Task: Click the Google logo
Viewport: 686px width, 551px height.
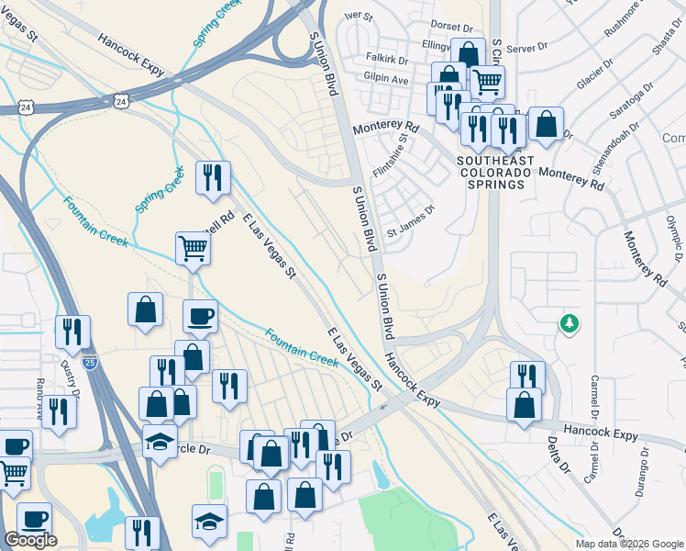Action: [30, 541]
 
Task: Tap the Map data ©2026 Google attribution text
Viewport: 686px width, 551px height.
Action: [630, 544]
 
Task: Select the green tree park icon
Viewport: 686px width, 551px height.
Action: [570, 323]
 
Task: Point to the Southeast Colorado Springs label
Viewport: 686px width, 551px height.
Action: [493, 172]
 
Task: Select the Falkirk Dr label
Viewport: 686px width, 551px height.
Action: [386, 58]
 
